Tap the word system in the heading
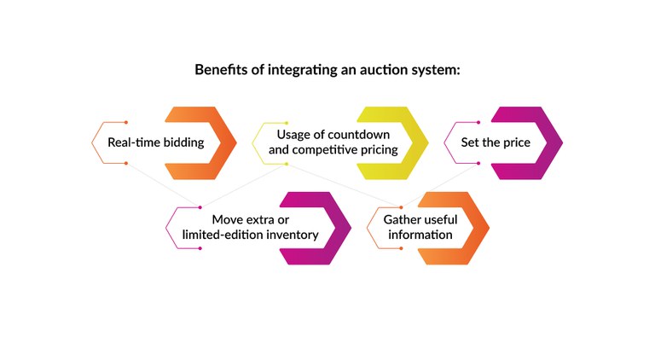tap(436, 69)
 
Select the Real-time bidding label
tap(155, 142)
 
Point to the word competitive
tap(330, 150)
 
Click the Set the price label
tap(496, 142)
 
